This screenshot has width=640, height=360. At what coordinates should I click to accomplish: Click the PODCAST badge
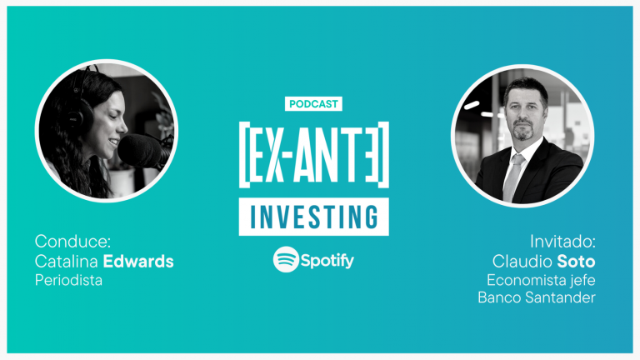coord(313,103)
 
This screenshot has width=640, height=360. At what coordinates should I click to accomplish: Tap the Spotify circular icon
coord(286,259)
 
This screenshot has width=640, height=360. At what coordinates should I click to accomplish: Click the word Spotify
coord(327,260)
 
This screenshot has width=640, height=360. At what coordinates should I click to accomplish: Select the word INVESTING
coord(314,217)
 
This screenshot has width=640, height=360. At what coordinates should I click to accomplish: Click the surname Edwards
coord(138,261)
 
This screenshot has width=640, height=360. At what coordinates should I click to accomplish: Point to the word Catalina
coord(67,261)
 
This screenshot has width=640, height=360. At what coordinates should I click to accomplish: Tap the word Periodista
coord(68,280)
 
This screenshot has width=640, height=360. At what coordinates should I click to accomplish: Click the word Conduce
coord(72,241)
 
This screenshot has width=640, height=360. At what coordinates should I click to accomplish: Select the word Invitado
coord(562,241)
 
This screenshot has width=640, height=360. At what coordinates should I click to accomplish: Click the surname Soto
coord(577,261)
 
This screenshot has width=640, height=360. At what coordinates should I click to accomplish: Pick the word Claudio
coord(522,261)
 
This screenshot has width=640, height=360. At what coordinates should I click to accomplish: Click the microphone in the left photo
coord(142,152)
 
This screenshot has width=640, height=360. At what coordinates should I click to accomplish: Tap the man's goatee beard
coord(522,130)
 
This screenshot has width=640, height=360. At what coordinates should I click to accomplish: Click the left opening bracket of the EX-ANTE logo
coord(243,155)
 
